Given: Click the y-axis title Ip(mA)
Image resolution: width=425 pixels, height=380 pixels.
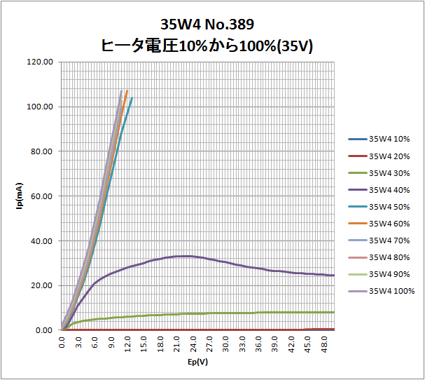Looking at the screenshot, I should click(x=20, y=196).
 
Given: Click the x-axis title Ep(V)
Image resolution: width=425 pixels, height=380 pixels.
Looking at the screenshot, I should click(x=198, y=362).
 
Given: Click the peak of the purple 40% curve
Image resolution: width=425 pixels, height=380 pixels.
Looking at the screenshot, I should click(x=183, y=256).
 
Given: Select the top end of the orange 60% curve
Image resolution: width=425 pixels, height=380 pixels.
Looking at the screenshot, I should click(x=127, y=90).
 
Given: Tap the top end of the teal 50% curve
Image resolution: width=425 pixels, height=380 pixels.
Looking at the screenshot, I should click(x=132, y=98).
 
